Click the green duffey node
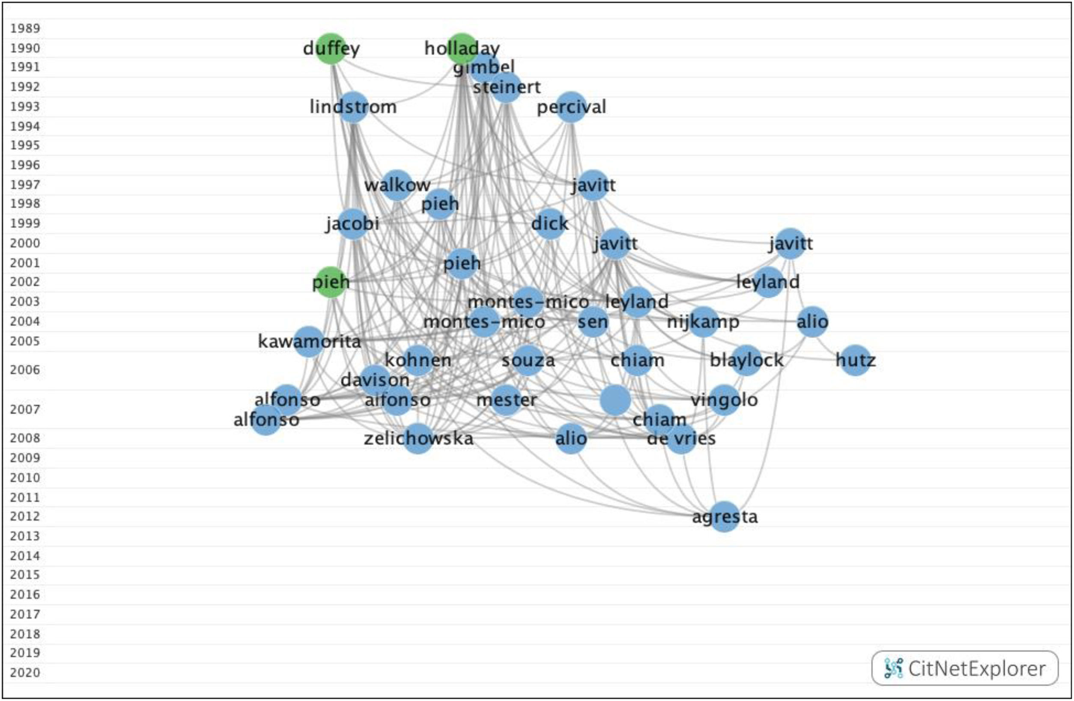click(x=331, y=49)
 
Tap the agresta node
click(x=724, y=517)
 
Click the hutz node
click(x=856, y=360)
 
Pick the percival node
click(x=571, y=107)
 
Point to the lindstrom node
click(x=353, y=107)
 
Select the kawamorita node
click(x=309, y=342)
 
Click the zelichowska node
click(x=418, y=438)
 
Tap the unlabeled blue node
click(x=615, y=400)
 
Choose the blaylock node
click(x=746, y=360)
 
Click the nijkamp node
click(x=703, y=322)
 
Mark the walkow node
click(x=397, y=185)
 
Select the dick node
click(x=550, y=223)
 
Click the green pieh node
click(x=331, y=282)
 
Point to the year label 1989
click(x=25, y=28)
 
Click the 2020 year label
click(x=25, y=673)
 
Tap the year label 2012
click(x=25, y=516)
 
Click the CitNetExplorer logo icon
click(x=893, y=668)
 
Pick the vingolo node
click(x=724, y=400)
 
